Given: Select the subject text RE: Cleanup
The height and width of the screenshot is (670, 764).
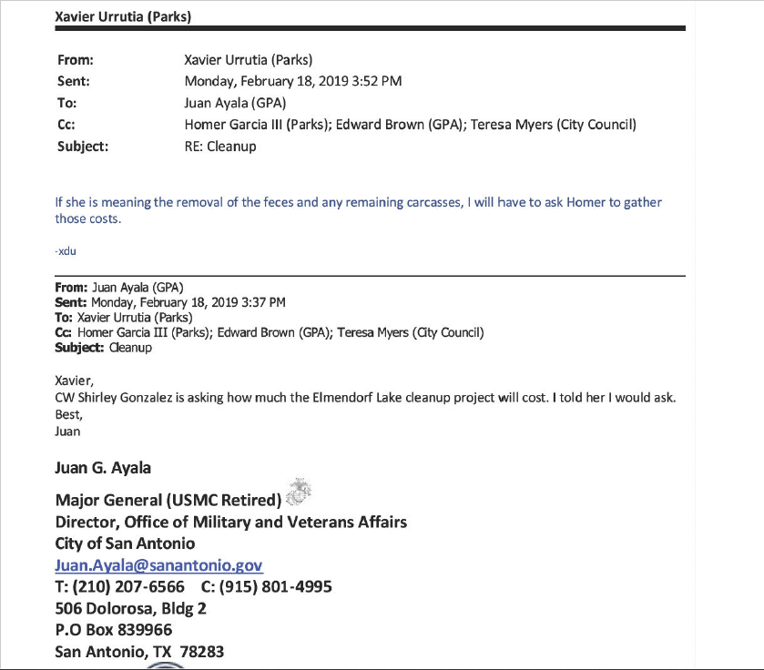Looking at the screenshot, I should pos(220,146).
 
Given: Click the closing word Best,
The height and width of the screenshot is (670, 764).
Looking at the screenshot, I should pos(68,414).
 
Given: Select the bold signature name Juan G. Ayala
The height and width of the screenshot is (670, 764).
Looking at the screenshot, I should pos(103,468).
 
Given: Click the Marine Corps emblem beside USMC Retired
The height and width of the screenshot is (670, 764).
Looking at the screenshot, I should pos(298,492).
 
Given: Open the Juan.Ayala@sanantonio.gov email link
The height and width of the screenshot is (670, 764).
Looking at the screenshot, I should pos(158,565).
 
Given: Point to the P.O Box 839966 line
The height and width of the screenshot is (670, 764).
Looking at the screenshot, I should pos(113,630).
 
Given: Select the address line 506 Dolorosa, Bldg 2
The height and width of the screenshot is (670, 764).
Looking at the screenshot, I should pos(130,608).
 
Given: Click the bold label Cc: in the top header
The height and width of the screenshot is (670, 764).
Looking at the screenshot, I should pos(66,125).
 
